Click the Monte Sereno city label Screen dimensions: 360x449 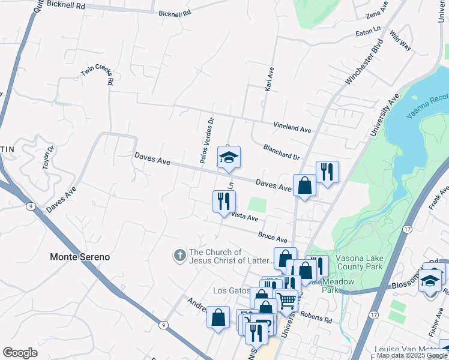tap(80, 257)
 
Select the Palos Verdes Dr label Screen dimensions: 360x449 tap(206, 140)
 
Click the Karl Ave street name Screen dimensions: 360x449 tap(270, 79)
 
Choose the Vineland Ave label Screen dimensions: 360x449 tap(292, 128)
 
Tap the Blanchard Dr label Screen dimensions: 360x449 tap(281, 152)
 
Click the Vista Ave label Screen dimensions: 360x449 tap(244, 216)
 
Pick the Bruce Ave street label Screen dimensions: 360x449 tap(273, 238)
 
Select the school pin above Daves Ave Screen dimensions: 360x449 tap(228, 158)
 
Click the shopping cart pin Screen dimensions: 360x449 tap(287, 300)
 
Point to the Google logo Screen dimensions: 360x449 tap(20, 353)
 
